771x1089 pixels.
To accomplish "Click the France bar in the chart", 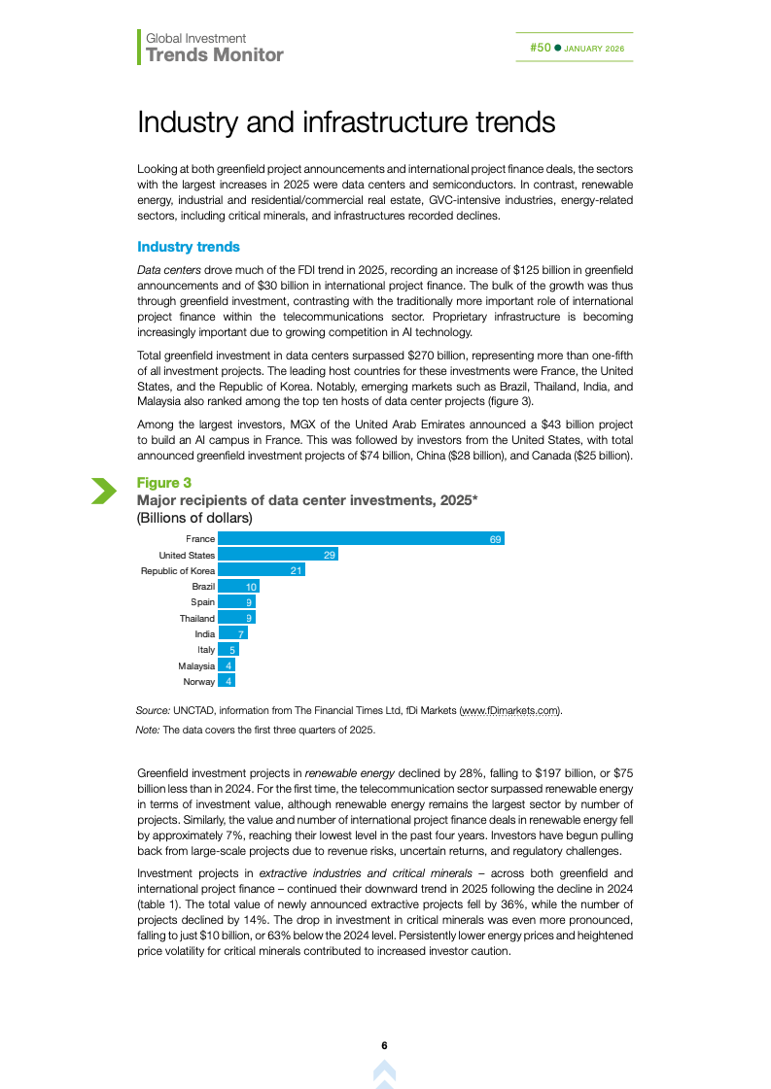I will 361,538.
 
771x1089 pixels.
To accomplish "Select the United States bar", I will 278,555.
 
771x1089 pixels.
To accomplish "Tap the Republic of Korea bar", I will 262,570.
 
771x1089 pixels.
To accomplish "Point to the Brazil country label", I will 203,587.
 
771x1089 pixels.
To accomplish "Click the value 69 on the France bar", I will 496,539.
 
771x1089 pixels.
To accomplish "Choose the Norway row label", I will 198,682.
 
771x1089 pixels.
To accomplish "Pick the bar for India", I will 232,634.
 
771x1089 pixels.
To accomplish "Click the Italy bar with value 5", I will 228,650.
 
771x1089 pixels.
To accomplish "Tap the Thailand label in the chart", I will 197,619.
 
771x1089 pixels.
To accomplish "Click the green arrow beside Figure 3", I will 103,491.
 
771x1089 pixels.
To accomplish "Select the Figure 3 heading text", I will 164,483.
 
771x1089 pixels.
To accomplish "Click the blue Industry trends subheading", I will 189,247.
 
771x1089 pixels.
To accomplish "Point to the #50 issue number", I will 541,48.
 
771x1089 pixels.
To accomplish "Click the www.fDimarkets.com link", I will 510,710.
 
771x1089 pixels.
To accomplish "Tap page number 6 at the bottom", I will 385,1046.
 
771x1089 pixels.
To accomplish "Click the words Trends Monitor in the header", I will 215,55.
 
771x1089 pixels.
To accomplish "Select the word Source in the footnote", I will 154,710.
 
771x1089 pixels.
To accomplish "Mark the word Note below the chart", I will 147,730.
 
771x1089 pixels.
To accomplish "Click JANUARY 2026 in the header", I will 595,49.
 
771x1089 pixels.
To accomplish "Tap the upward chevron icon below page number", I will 385,1072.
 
